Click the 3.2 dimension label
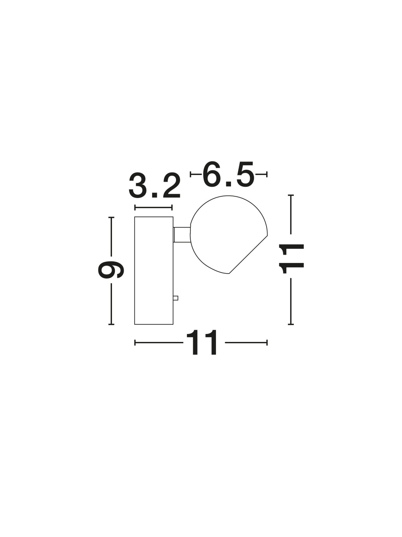click(154, 185)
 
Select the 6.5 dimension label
click(228, 175)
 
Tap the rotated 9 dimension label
click(111, 270)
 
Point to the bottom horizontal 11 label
click(201, 342)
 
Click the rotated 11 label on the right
click(292, 259)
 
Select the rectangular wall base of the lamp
click(154, 271)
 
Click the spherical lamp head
click(229, 235)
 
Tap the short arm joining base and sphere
click(182, 235)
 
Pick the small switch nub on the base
click(176, 298)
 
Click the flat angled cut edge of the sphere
click(248, 254)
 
